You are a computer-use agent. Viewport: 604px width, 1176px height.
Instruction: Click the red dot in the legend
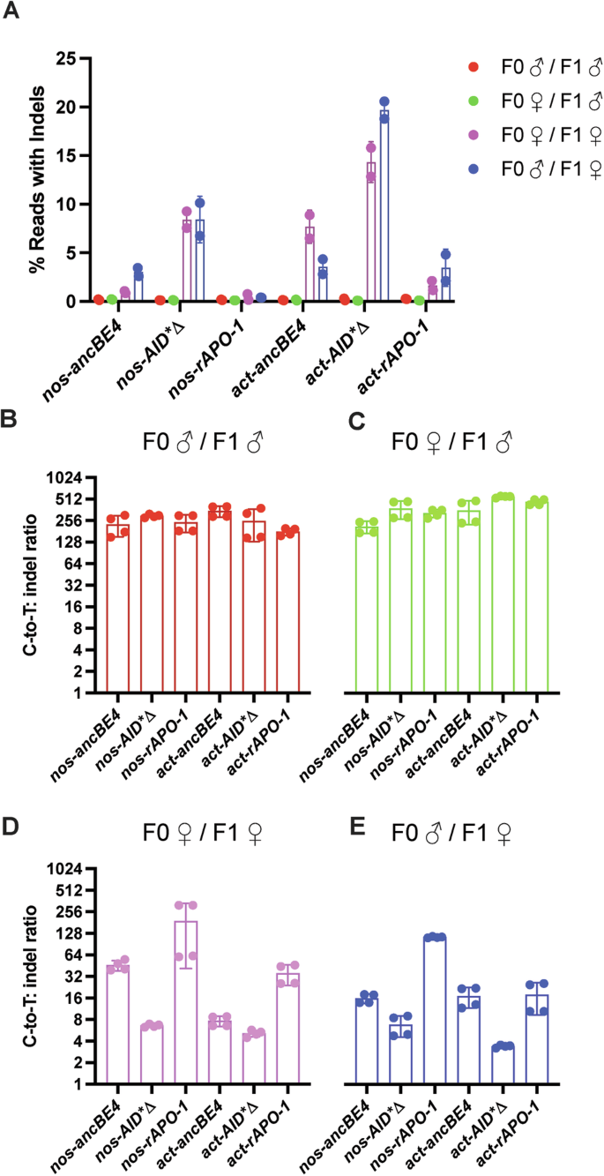coord(474,67)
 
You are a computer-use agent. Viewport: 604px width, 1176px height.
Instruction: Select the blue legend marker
coord(474,145)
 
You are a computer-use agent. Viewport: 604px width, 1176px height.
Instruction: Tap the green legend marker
coord(474,93)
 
